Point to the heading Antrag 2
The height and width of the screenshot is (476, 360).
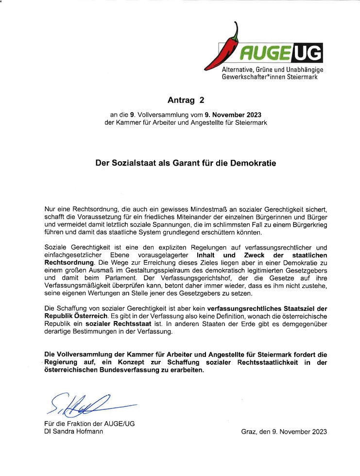click(186, 101)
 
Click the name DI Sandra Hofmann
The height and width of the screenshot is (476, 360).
click(73, 431)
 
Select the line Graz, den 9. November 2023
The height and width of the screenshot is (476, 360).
click(284, 431)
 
